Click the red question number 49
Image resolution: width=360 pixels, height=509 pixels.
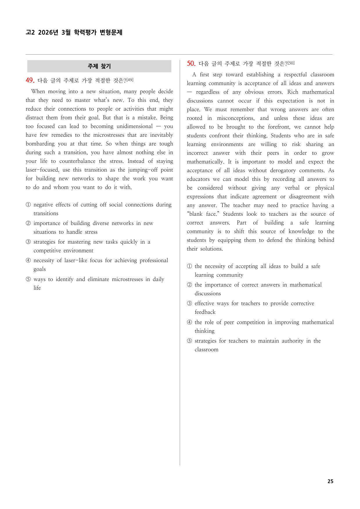point(30,80)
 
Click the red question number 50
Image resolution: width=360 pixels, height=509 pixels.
point(191,63)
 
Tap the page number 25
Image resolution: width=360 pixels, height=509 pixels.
point(330,481)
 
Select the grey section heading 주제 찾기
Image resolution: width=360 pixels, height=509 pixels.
point(99,66)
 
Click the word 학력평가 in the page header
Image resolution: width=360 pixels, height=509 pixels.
point(85,32)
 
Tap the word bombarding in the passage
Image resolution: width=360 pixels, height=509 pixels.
point(40,144)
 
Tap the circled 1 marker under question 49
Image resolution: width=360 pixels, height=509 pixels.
point(28,205)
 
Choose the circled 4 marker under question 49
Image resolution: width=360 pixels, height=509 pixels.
point(28,260)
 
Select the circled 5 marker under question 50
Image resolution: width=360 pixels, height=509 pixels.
point(189,341)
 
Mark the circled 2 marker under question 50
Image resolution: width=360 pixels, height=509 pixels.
point(189,285)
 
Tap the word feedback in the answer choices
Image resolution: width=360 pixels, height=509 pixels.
point(205,312)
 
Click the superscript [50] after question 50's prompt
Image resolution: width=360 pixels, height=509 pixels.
point(291,63)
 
